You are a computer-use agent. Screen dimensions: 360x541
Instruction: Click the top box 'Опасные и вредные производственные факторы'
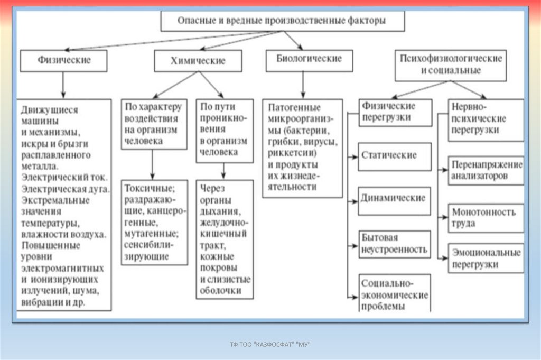283,22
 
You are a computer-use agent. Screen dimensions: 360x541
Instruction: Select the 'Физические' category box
64,60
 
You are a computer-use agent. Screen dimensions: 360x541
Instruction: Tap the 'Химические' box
198,61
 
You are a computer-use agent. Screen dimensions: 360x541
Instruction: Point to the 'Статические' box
394,156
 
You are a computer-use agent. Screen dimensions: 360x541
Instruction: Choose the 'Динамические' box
394,199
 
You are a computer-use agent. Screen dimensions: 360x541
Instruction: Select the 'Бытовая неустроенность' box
394,243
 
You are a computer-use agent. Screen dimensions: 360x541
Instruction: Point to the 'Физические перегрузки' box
394,112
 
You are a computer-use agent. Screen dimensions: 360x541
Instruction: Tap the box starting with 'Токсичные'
154,222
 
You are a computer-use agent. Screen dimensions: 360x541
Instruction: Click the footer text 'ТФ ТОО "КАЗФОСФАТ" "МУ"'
270,345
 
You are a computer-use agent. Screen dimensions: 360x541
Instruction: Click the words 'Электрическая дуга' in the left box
65,188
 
